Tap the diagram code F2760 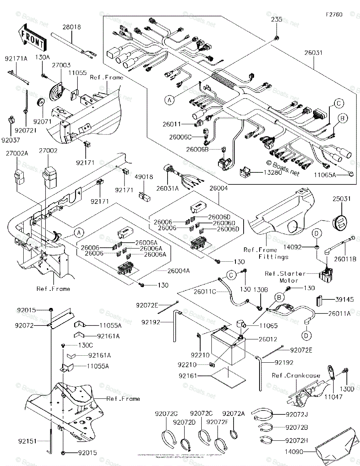point(334,15)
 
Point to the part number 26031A point(167,188)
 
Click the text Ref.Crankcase point(296,376)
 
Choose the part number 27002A point(17,153)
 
